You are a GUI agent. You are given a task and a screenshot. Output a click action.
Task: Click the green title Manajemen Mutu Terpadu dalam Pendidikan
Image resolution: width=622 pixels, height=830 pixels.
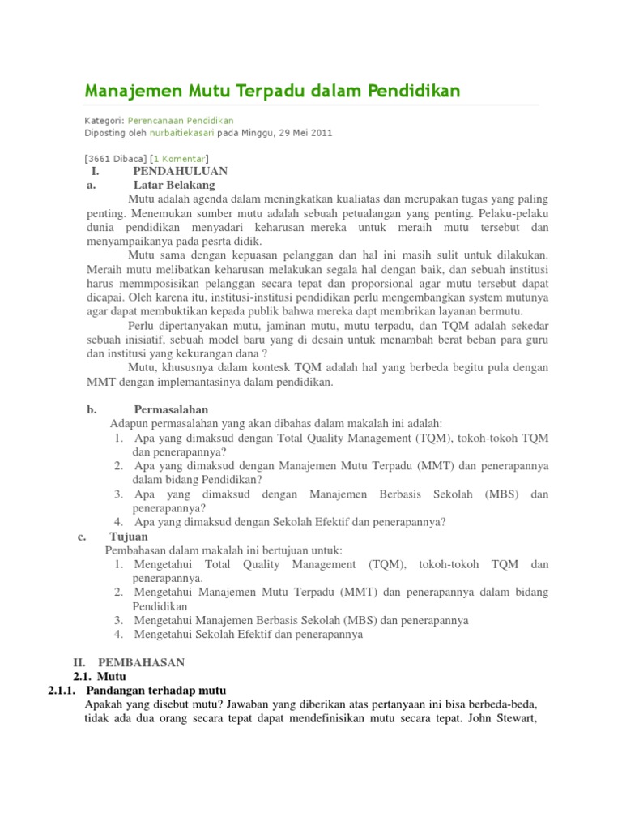273,90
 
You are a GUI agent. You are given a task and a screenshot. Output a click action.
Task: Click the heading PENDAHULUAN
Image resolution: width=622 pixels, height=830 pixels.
180,171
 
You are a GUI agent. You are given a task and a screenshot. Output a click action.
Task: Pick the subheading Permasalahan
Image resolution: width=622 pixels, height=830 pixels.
171,409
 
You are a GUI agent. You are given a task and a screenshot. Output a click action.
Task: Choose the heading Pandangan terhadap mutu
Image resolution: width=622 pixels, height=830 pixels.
153,689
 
